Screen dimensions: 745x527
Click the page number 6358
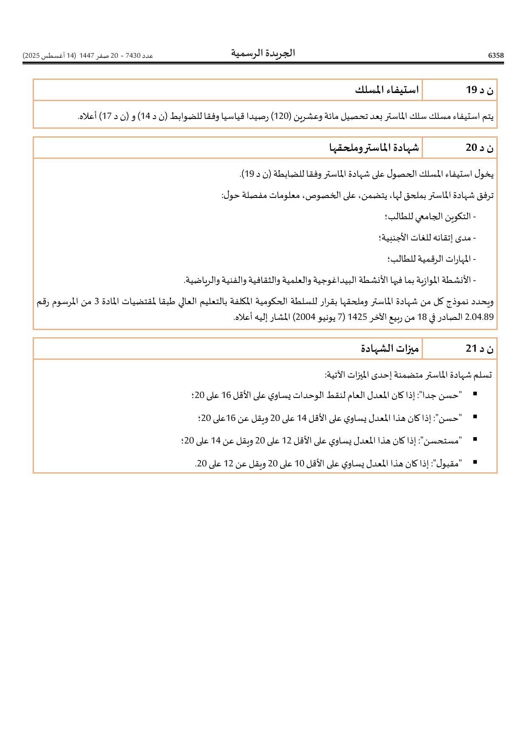click(x=496, y=56)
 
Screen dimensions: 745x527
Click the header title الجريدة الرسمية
click(x=263, y=53)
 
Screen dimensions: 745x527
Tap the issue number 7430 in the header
click(x=133, y=56)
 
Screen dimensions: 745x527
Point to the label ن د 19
click(x=480, y=90)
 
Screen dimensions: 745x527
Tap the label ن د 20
click(x=480, y=148)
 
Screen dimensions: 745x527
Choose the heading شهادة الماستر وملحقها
click(x=374, y=148)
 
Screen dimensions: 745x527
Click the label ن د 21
click(x=480, y=349)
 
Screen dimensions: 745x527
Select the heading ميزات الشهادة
click(x=390, y=349)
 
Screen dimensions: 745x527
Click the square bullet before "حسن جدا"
click(x=475, y=394)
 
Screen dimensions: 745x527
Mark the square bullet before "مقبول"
click(x=475, y=462)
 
